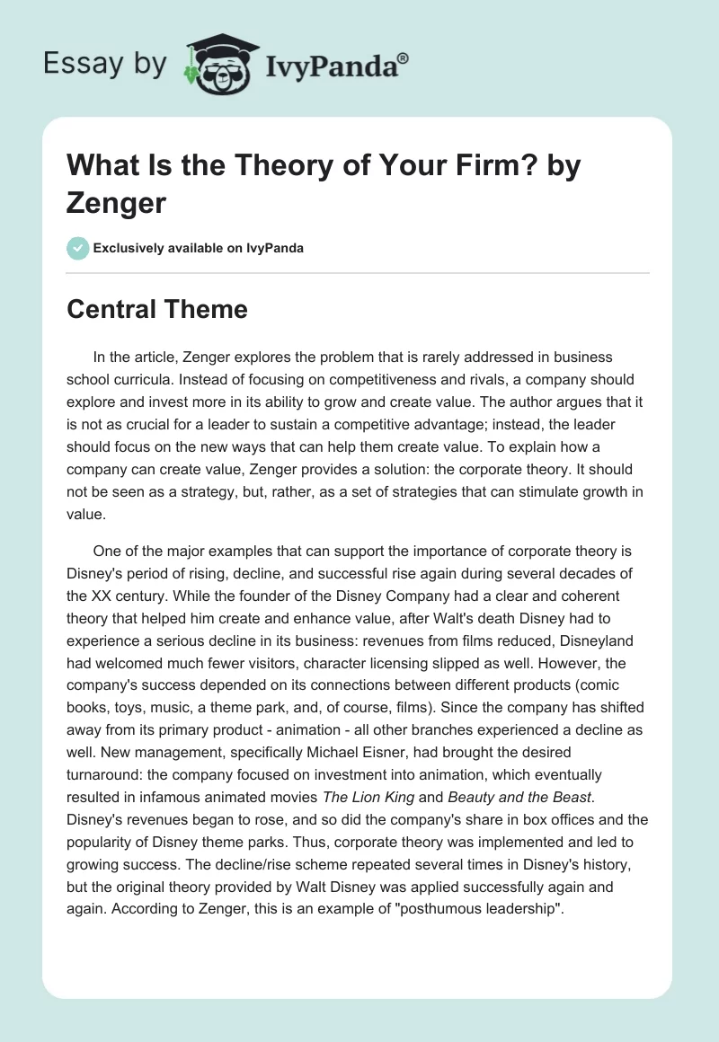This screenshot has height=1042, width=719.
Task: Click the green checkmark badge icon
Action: (78, 248)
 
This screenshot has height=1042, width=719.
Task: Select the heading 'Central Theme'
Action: (157, 309)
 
